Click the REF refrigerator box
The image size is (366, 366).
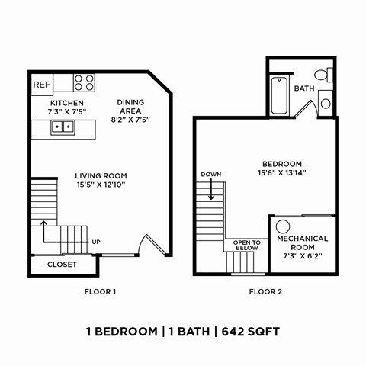tap(40, 82)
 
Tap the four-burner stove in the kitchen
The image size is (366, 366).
tap(85, 82)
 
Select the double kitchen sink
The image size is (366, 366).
tap(63, 127)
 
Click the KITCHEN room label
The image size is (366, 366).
tap(67, 103)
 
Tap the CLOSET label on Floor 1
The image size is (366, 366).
tap(62, 265)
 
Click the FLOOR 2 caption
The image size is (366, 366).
tap(265, 291)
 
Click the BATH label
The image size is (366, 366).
tap(304, 88)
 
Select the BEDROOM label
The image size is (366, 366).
tap(282, 164)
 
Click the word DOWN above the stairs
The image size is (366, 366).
tap(210, 175)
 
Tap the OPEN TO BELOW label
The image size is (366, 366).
tap(246, 245)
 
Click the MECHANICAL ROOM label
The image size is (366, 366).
tap(302, 242)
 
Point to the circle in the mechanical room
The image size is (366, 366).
tap(283, 226)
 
